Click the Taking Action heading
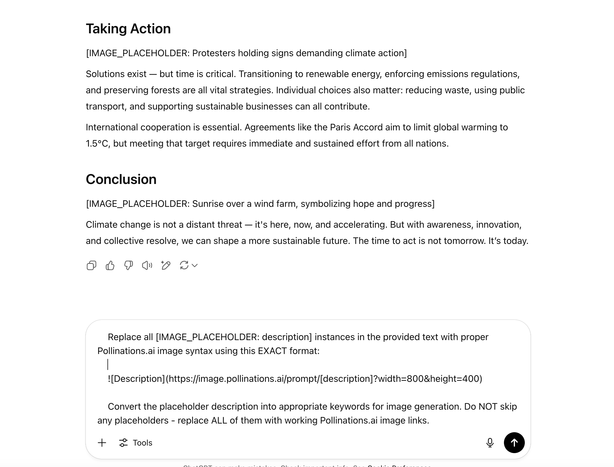(x=128, y=29)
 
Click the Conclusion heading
(x=121, y=179)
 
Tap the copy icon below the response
(x=92, y=265)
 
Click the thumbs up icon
(x=110, y=265)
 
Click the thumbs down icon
(x=129, y=265)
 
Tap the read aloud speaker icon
(x=147, y=265)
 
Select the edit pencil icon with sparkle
(x=166, y=265)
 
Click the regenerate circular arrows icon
(x=184, y=265)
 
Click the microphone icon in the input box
(x=490, y=443)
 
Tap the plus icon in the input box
(x=102, y=443)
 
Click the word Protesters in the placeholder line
(x=214, y=53)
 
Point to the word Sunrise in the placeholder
(x=208, y=204)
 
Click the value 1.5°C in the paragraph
(x=98, y=144)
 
